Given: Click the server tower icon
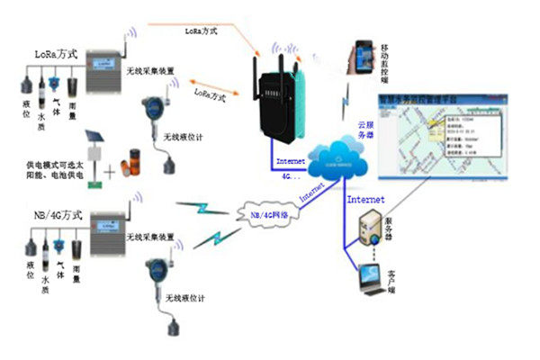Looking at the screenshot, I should [372, 229].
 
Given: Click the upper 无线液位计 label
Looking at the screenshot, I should [185, 134].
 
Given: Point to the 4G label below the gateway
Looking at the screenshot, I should [287, 176].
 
